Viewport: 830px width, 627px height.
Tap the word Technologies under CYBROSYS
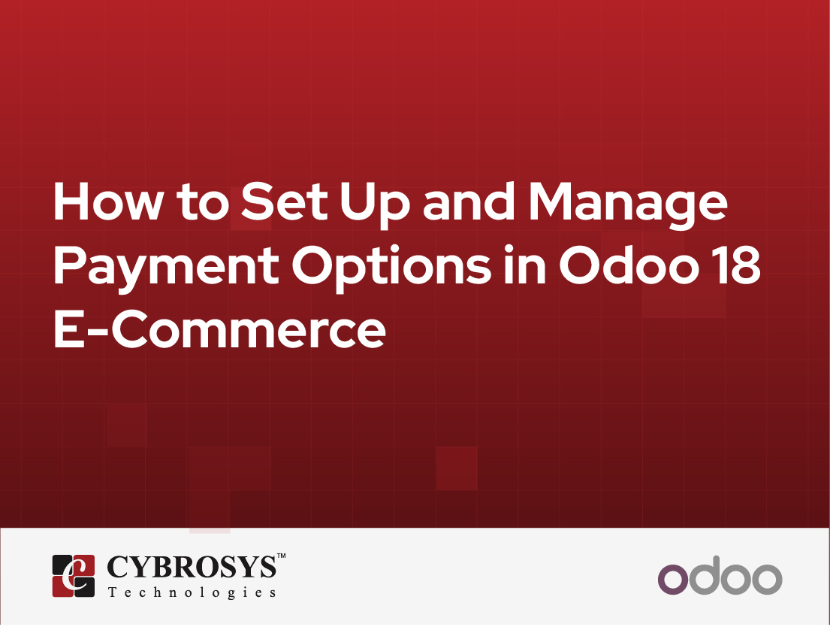(x=192, y=592)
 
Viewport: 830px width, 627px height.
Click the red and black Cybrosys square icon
(x=73, y=576)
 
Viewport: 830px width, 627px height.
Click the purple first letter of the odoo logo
(x=673, y=578)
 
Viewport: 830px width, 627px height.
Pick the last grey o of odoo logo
(x=766, y=578)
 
